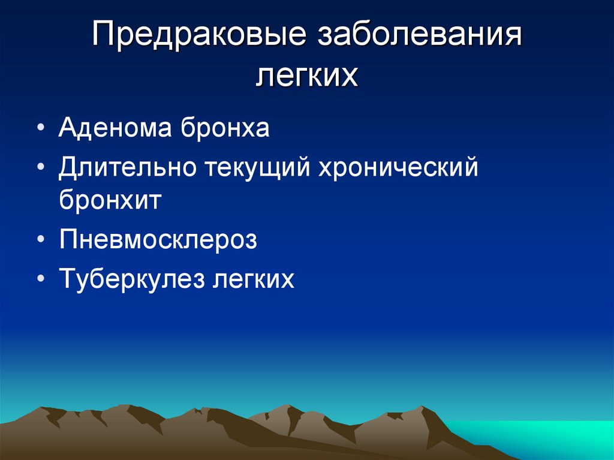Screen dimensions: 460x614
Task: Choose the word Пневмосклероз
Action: [x=158, y=240]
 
